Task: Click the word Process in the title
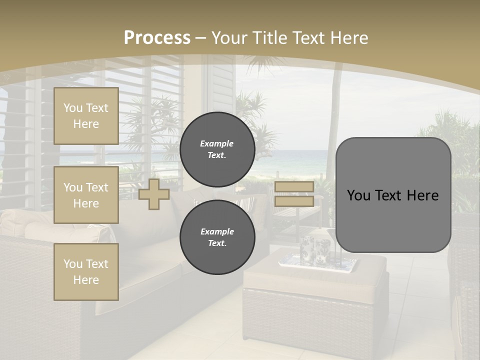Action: (x=157, y=38)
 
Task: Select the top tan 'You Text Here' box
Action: (x=86, y=116)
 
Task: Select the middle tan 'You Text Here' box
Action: (x=86, y=195)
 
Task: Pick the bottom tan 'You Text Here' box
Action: (x=86, y=271)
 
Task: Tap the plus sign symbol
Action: (x=154, y=194)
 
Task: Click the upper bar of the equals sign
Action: (x=294, y=187)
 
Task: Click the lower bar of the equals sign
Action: (x=294, y=201)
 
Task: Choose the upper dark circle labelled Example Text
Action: (x=217, y=149)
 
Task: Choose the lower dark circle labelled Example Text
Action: (x=217, y=237)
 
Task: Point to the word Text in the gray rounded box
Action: (x=392, y=195)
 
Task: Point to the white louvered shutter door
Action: (x=219, y=85)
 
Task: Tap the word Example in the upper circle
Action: (x=216, y=143)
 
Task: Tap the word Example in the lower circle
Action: (x=217, y=231)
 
